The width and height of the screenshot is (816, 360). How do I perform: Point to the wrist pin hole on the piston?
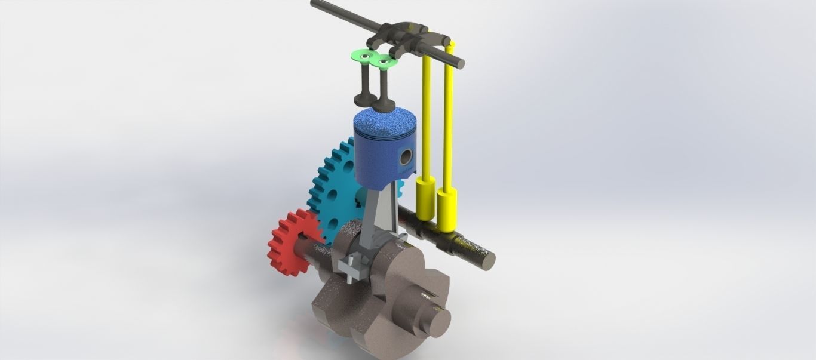(407, 158)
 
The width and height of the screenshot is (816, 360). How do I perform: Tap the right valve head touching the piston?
(382, 105)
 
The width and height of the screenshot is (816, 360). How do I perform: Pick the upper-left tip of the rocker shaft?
(315, 5)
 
